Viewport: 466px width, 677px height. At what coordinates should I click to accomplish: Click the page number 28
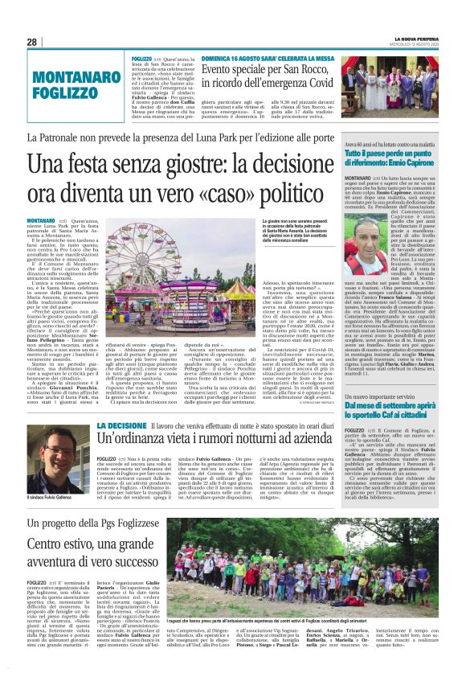pyautogui.click(x=31, y=41)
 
